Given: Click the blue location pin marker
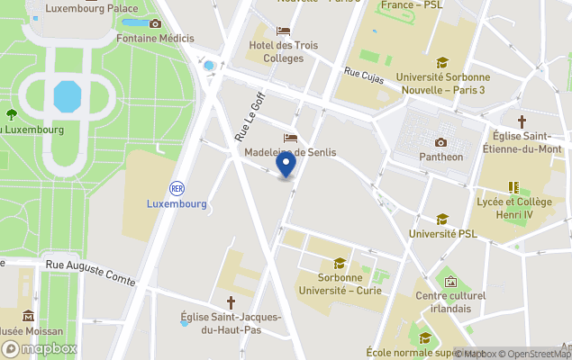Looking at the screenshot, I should (286, 164).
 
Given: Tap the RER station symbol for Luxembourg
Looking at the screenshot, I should (177, 188).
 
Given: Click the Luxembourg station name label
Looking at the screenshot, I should (177, 204).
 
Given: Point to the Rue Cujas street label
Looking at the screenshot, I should (364, 76).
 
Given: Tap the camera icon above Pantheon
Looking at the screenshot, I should (440, 142).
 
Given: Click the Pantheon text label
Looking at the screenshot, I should (440, 157).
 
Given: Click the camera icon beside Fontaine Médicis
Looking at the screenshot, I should (156, 24).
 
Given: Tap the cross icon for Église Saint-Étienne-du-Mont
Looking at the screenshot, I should (522, 121).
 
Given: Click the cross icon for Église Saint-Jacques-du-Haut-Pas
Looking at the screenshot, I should (231, 302).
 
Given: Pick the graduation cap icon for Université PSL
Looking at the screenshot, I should (442, 219).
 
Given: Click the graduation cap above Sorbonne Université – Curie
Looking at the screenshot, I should (340, 263).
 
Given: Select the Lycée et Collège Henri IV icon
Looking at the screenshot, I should (513, 187).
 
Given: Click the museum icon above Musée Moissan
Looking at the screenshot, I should (28, 317).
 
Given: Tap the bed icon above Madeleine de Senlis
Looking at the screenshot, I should (290, 138).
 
